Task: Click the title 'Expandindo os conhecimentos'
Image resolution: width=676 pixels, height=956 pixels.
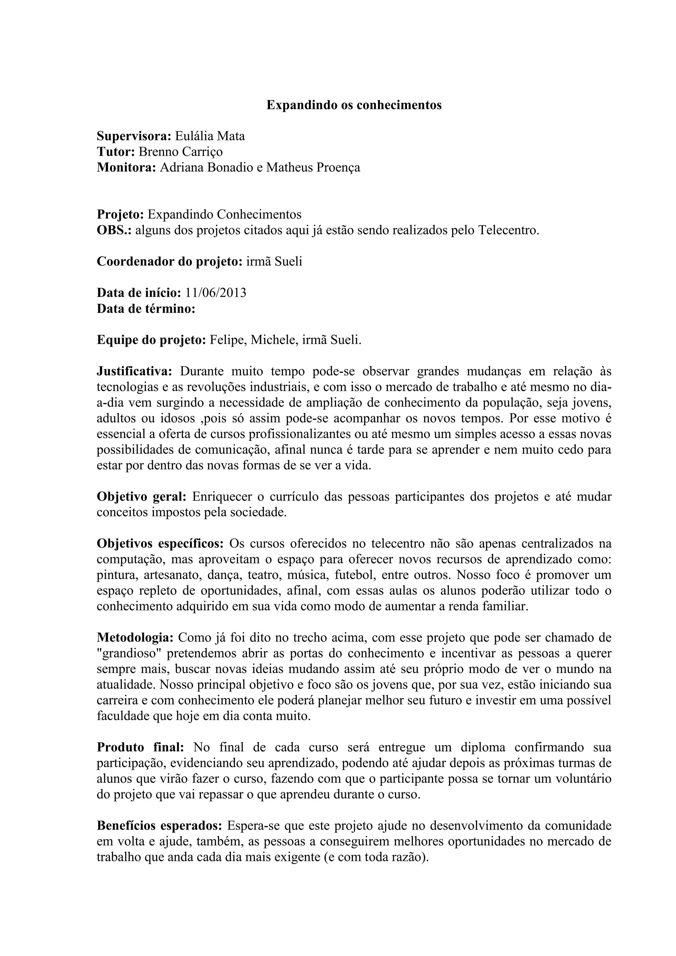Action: click(x=354, y=105)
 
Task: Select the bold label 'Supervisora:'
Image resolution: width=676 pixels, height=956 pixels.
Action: click(x=134, y=136)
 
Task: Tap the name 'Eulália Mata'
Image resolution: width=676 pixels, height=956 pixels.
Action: click(x=210, y=136)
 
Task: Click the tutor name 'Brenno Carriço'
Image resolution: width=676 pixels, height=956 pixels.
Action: click(x=180, y=152)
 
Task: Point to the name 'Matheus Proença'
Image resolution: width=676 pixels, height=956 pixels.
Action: click(x=313, y=167)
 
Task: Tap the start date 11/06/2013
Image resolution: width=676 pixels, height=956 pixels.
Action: click(x=216, y=293)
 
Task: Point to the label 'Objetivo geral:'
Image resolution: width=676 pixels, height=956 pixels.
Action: click(x=141, y=497)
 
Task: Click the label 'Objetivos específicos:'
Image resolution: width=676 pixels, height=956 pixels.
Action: click(x=160, y=544)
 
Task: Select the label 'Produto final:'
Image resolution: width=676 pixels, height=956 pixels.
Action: click(x=140, y=747)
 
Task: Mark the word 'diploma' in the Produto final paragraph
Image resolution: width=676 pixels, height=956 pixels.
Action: click(x=483, y=747)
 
